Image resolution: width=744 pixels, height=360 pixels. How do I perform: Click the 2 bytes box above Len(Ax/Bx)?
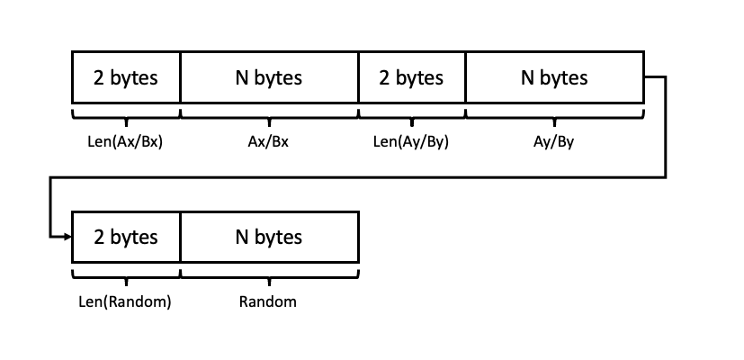[x=126, y=77]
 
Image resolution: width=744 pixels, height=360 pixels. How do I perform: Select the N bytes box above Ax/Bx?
[x=269, y=77]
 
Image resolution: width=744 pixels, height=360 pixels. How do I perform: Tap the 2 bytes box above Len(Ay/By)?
[x=411, y=77]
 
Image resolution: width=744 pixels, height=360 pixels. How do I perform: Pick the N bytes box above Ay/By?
[x=554, y=77]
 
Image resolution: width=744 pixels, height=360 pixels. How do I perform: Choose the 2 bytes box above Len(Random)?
[x=126, y=238]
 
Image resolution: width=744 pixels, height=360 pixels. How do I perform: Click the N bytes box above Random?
[x=269, y=238]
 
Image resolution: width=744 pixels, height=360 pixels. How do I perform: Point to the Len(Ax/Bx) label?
[x=126, y=141]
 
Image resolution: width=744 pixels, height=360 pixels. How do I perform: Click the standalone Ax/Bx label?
[x=269, y=141]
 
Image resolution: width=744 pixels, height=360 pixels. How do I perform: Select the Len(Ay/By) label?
[x=411, y=141]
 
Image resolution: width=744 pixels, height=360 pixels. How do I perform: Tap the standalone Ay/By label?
[x=554, y=141]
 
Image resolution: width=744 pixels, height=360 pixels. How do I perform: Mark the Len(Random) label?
[x=126, y=301]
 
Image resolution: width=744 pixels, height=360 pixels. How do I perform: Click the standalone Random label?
[x=268, y=301]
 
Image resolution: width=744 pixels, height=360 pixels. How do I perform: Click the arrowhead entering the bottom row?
[x=67, y=238]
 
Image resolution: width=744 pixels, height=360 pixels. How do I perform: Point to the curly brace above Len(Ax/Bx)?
[x=126, y=115]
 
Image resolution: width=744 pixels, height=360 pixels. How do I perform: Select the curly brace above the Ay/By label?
[x=554, y=115]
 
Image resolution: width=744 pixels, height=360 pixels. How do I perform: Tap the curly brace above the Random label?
[x=269, y=275]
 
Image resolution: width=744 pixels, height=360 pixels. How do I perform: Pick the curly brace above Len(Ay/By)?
[x=411, y=115]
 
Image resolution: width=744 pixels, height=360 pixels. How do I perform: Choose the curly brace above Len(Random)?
[x=126, y=275]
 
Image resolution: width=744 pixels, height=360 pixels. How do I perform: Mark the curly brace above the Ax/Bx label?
[x=269, y=115]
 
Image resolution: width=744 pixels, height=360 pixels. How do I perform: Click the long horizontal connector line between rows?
[x=360, y=177]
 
